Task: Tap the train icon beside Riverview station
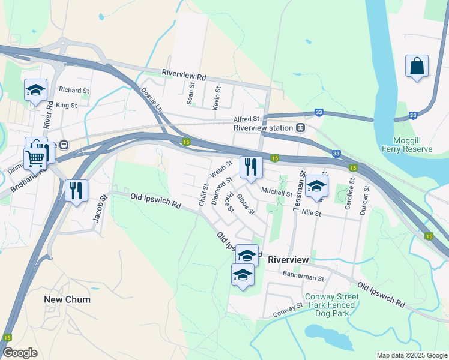coord(300,128)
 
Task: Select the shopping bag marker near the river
coord(417,66)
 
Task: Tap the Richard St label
coord(74,90)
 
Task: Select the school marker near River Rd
coord(35,91)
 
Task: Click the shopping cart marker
coord(35,159)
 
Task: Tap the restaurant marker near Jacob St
coord(76,190)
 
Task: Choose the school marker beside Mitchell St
coord(316,186)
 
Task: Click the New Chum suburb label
coord(67,299)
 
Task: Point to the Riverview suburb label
coord(288,260)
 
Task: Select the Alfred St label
coord(247,119)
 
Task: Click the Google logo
coord(20,353)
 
